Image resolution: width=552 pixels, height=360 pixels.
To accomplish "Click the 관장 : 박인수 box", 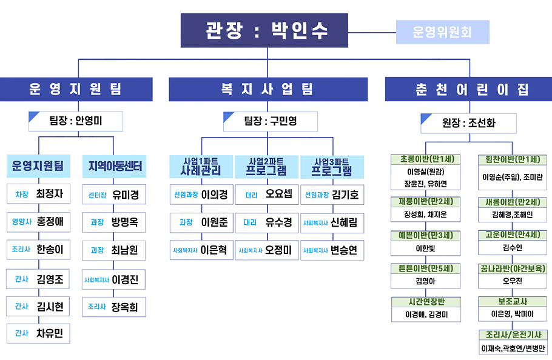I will pos(264,30).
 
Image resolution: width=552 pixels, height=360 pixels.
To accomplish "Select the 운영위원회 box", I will pos(442,32).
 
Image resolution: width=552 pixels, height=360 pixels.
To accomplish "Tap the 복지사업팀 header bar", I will pos(268,90).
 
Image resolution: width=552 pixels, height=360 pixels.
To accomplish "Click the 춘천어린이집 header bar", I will pos(468,90).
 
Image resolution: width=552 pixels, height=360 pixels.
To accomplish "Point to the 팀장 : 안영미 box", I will pos(76,121).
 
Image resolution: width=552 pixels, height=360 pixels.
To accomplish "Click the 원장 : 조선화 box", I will pos(468,123).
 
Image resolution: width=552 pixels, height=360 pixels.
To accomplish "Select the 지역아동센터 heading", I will pos(114,166).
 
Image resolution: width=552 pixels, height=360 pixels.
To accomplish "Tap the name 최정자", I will pos(50,195).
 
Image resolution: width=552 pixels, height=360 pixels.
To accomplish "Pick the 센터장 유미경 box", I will pos(114,195).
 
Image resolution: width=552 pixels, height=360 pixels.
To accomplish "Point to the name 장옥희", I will pos(124,307).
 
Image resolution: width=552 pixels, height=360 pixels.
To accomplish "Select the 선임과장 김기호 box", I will pos(332,195).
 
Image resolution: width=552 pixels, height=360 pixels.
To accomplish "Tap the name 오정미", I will pos(278,250).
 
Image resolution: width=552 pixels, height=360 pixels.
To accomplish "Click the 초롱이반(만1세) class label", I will pos(426,159).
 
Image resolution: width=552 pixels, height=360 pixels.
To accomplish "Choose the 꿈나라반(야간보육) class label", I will pos(513,268).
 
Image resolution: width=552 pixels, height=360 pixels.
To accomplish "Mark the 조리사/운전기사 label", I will pos(513,335).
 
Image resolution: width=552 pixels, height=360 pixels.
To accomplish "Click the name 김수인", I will pos(513,247).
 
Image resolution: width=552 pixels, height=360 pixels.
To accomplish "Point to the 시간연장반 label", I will pos(426,302).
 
